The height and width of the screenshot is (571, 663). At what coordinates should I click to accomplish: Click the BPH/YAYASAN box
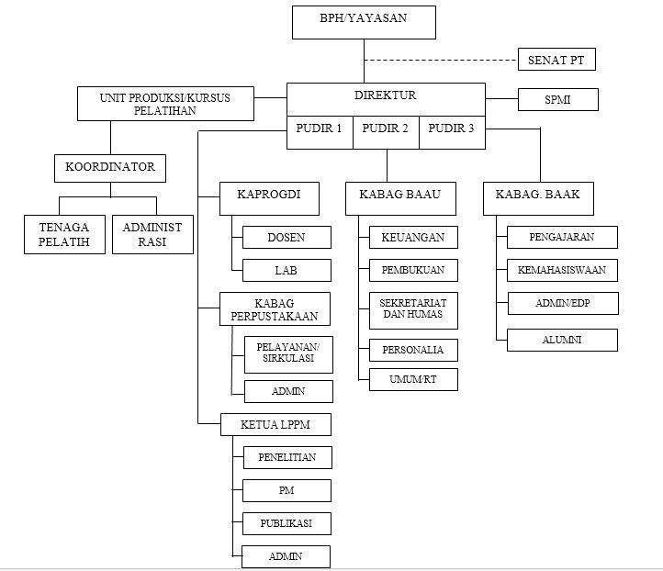[363, 21]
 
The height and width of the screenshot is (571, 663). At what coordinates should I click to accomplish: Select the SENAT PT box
[556, 61]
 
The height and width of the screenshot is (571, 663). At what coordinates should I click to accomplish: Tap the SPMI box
[557, 99]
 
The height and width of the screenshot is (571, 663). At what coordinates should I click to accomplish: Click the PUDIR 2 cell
[386, 129]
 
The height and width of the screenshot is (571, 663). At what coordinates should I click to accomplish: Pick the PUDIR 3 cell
[451, 129]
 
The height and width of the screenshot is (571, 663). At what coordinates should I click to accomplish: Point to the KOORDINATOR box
[110, 168]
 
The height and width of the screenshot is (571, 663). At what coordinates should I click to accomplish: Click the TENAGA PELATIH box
[63, 234]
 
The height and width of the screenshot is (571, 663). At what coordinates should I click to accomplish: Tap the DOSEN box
[286, 238]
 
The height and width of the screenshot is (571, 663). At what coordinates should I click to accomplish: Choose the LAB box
[286, 270]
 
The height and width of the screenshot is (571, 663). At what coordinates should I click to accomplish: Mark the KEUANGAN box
[412, 238]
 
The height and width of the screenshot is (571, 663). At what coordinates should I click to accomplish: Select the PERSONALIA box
[412, 350]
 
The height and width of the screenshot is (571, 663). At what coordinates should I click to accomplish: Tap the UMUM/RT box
[412, 379]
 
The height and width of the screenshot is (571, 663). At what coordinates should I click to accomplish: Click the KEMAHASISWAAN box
[561, 270]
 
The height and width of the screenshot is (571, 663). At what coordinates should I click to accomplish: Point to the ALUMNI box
[561, 340]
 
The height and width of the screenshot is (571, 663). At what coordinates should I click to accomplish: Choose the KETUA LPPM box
[273, 425]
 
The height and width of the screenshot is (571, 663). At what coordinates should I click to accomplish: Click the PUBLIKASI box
[286, 523]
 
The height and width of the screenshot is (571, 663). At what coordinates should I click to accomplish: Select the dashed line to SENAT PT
[441, 61]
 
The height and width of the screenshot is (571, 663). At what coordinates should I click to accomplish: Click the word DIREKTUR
[386, 95]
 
